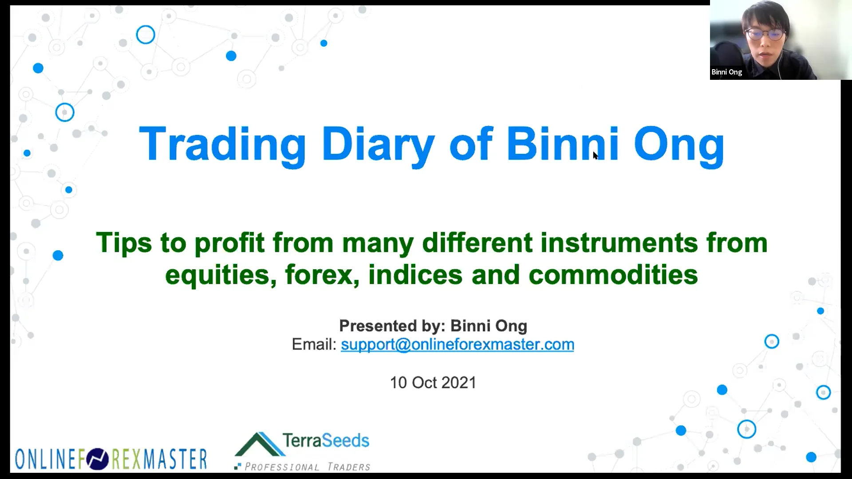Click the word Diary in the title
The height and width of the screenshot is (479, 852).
(x=378, y=144)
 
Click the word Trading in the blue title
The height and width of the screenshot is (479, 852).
(x=222, y=144)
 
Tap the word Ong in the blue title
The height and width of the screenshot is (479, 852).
(x=679, y=144)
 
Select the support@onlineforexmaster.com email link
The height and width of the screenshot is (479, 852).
(x=457, y=345)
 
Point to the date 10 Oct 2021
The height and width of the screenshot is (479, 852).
(x=433, y=383)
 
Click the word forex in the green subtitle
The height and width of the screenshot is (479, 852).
(x=322, y=275)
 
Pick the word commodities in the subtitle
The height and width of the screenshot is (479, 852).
(x=613, y=275)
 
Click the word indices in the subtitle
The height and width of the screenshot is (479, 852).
(x=415, y=275)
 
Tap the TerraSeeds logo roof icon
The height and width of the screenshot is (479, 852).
(x=260, y=444)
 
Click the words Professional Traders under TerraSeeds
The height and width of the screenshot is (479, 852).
(x=307, y=467)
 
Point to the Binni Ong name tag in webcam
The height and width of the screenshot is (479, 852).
(x=726, y=72)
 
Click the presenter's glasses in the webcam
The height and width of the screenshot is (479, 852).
(x=764, y=34)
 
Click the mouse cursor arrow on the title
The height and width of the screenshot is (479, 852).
(x=595, y=155)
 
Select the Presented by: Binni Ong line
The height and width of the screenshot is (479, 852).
(x=433, y=326)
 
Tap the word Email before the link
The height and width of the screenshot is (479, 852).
(x=314, y=345)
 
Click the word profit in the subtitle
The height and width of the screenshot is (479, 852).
(x=229, y=243)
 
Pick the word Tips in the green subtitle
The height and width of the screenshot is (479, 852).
(x=124, y=243)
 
